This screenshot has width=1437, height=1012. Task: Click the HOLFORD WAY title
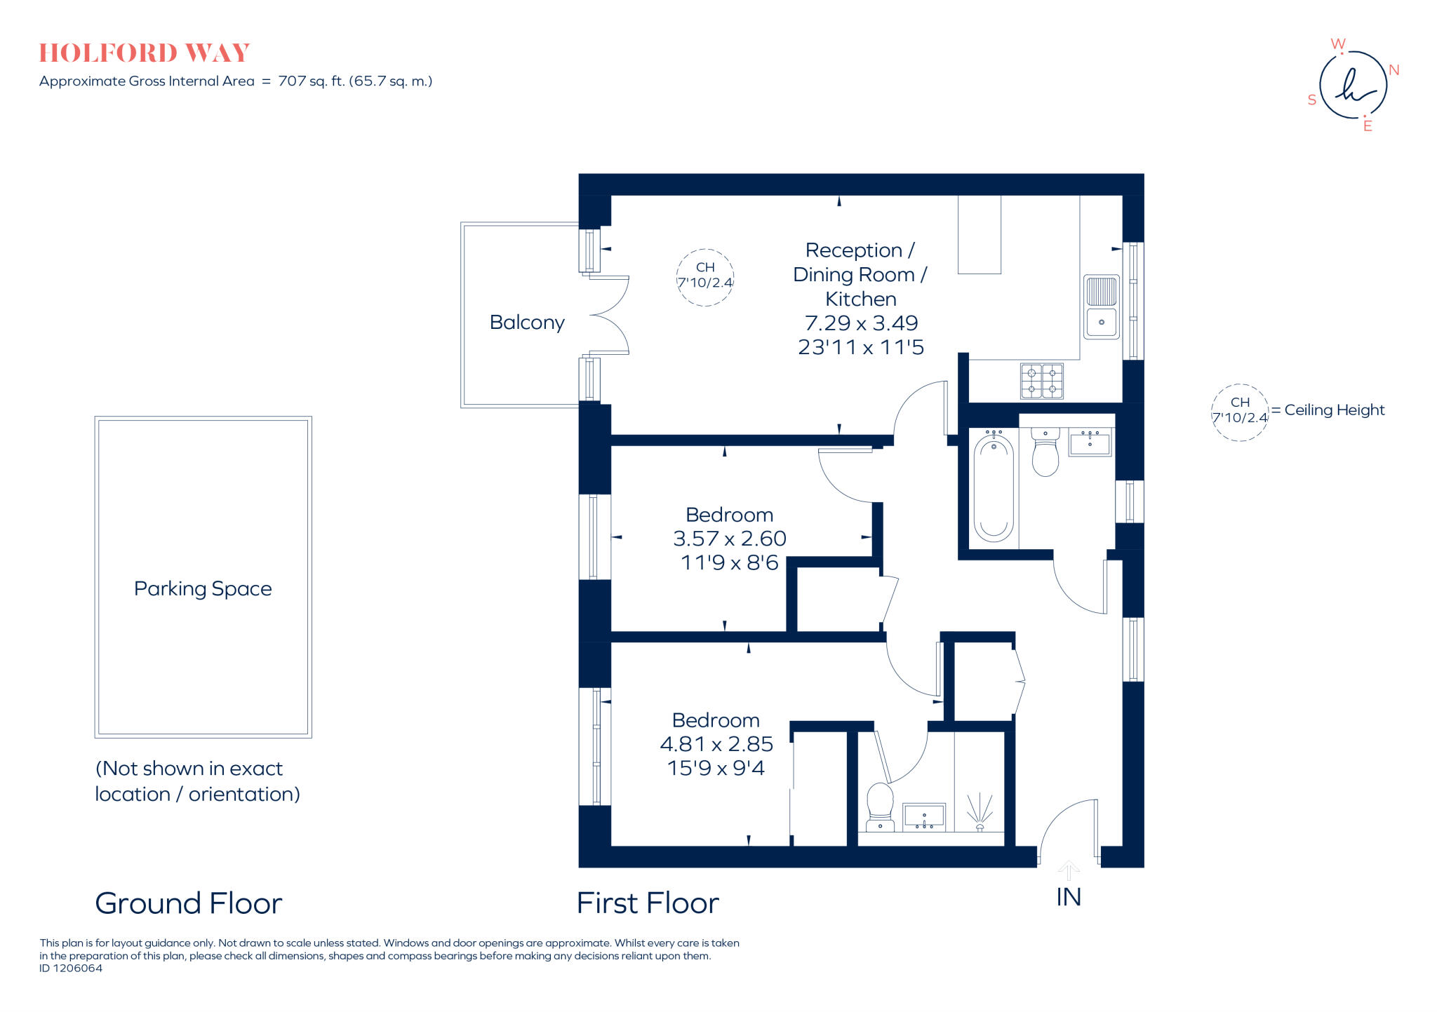[144, 53]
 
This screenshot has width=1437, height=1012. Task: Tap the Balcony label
[527, 323]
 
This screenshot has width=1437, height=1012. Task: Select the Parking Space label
[203, 588]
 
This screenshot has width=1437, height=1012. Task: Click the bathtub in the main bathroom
[993, 488]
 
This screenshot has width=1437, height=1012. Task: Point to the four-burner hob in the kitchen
[1041, 381]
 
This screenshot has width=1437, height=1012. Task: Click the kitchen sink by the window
[1101, 307]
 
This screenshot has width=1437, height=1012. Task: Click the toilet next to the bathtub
[1045, 452]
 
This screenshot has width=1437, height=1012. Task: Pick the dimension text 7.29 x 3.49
[861, 323]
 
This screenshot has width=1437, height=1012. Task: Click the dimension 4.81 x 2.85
[716, 744]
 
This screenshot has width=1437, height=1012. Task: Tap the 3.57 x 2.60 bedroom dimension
[729, 539]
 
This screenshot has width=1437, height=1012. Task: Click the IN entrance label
[1068, 898]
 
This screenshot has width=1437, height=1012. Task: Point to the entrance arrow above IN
[1068, 870]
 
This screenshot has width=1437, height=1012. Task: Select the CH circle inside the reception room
[704, 277]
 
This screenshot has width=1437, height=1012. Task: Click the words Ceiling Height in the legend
[1334, 410]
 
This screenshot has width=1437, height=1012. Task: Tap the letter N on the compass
[1393, 70]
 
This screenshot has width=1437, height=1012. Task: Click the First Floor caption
[648, 903]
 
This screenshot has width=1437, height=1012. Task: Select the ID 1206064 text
[71, 969]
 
